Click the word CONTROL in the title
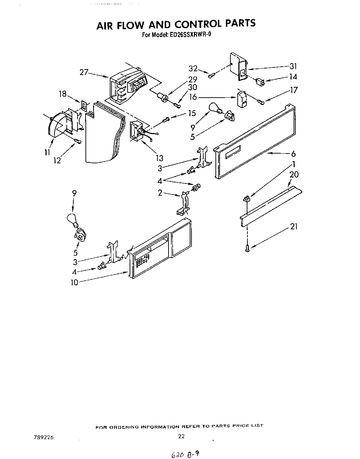(x=197, y=24)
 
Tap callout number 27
(x=84, y=72)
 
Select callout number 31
(x=293, y=67)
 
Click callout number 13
(x=159, y=158)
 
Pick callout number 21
(x=294, y=227)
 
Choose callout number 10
(x=74, y=282)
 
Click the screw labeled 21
(x=247, y=248)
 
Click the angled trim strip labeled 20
(x=271, y=205)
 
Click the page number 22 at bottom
(x=181, y=437)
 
